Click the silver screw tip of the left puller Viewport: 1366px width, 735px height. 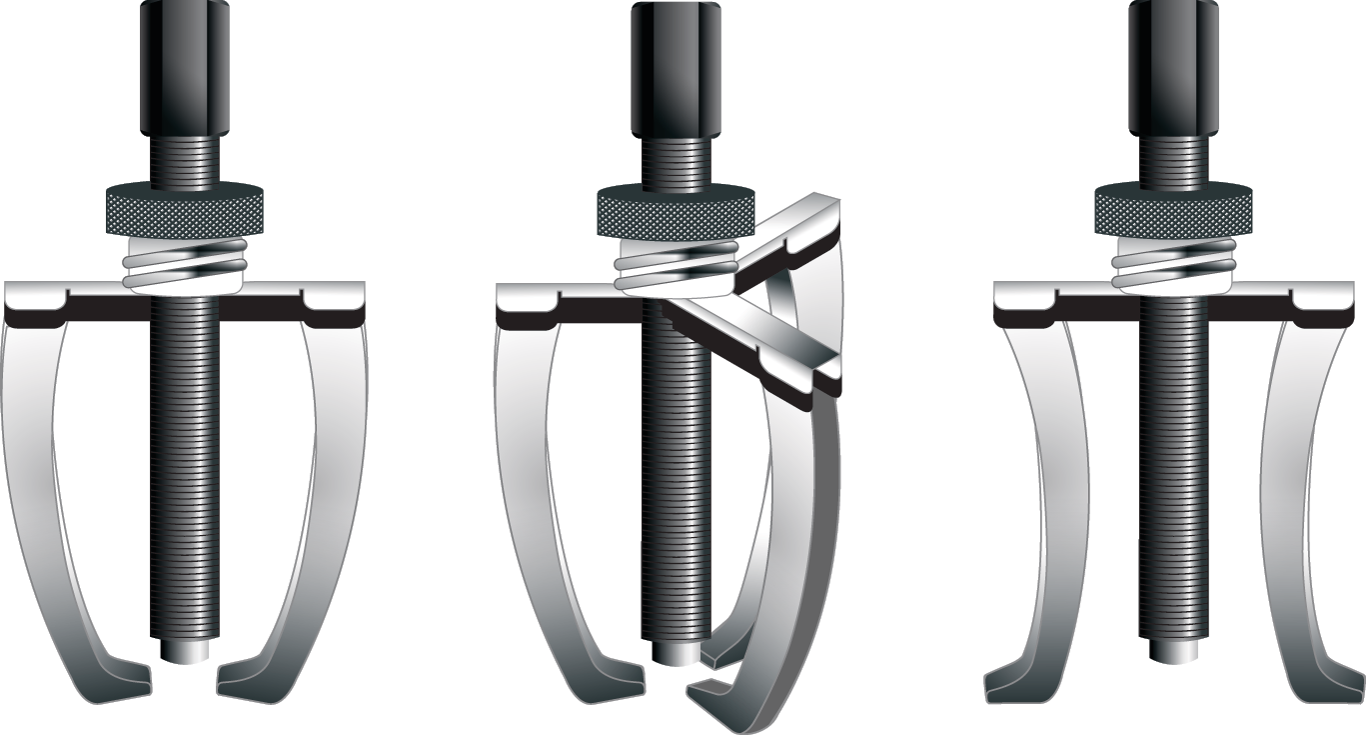pyautogui.click(x=185, y=649)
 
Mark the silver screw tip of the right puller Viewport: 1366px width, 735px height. pyautogui.click(x=1173, y=649)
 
